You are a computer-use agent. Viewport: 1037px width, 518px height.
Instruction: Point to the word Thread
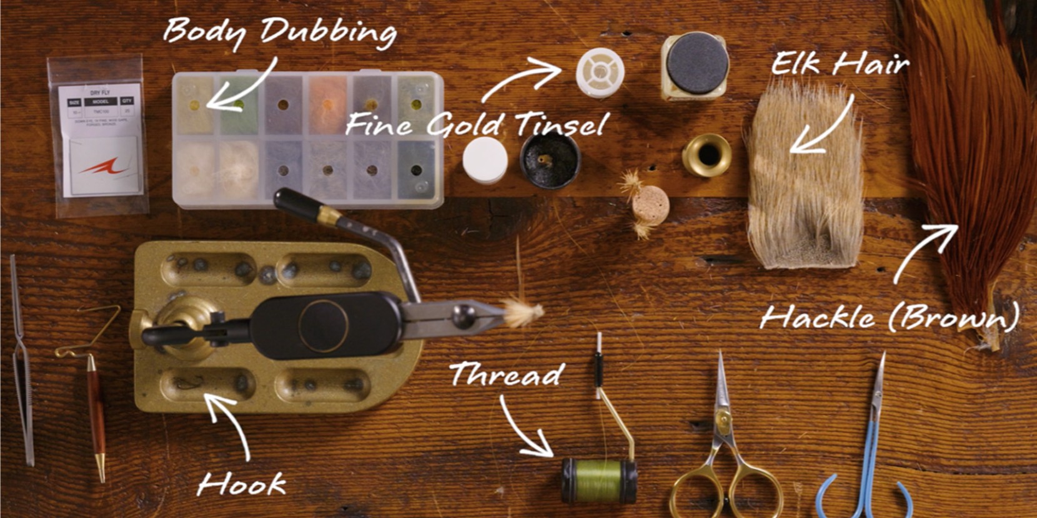(507, 374)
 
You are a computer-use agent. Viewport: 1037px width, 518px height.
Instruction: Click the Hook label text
(241, 484)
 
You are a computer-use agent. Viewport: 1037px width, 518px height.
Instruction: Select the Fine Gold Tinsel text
(475, 125)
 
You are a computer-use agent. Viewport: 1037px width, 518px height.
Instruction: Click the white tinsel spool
(600, 72)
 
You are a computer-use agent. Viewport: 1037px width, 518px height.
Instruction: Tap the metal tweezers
(21, 362)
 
